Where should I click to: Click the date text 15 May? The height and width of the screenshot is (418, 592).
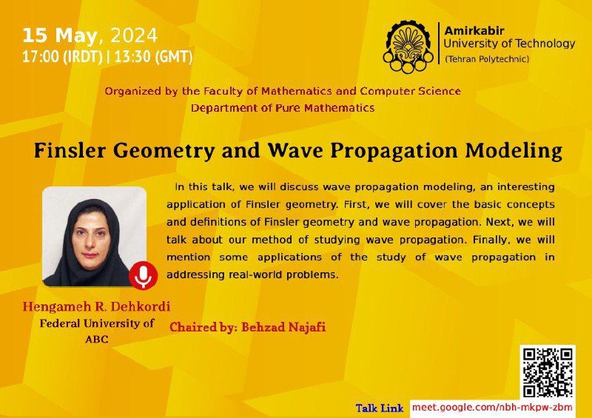coord(60,36)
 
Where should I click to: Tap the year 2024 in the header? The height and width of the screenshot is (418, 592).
coord(134,36)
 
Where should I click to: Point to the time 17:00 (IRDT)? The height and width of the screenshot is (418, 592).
coord(62,57)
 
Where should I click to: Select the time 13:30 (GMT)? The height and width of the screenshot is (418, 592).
coord(153,57)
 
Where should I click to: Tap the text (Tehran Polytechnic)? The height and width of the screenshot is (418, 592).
coord(487,59)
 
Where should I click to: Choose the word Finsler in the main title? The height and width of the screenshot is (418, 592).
coord(70,151)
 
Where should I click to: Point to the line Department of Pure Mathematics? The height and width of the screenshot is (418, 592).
coord(283,108)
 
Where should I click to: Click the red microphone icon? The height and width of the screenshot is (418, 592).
coord(143,276)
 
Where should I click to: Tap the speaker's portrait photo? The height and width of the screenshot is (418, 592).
coord(94,237)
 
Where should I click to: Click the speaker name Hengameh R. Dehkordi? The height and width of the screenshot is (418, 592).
coord(96,306)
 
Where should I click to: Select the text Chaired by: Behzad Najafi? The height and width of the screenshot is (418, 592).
coord(247,327)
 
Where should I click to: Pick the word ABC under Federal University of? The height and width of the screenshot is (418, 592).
coord(97,339)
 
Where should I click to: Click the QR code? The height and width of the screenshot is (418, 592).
coord(547,371)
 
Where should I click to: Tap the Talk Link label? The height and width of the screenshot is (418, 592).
coord(380,408)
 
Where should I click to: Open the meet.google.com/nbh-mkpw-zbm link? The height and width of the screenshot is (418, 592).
coord(492,408)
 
